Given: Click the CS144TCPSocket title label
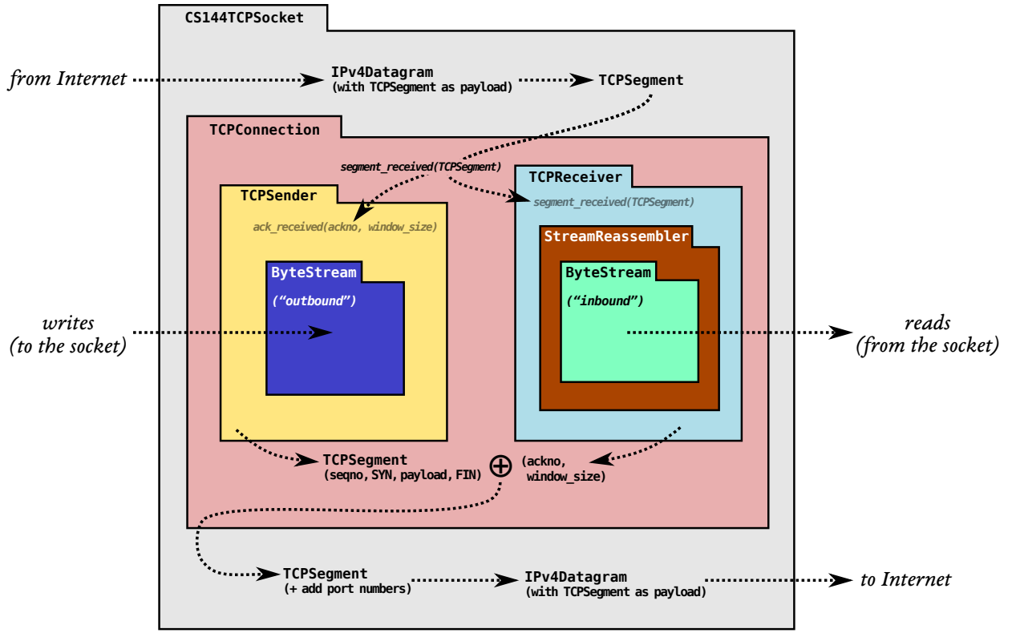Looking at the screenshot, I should click(x=244, y=17).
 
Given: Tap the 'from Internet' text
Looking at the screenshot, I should click(x=67, y=79).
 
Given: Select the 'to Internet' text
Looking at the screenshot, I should click(x=905, y=579).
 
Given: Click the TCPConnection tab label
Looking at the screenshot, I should click(x=264, y=129).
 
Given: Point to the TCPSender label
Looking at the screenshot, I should click(x=278, y=196).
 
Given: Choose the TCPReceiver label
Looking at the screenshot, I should click(x=575, y=176).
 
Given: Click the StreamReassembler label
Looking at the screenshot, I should click(x=616, y=236).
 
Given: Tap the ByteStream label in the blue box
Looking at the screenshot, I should click(x=314, y=272).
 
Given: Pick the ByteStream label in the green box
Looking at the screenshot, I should click(x=608, y=272).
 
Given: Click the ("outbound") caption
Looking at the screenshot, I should click(x=314, y=301).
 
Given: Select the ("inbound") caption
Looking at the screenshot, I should click(x=605, y=301).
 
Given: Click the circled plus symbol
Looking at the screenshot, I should click(x=500, y=466).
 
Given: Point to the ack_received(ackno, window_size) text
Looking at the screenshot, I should click(x=345, y=227).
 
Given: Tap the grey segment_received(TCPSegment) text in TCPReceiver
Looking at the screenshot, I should click(x=613, y=202).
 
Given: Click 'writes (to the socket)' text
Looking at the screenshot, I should click(x=68, y=335).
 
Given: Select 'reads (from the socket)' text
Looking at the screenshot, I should click(x=927, y=335).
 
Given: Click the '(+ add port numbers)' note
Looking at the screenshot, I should click(x=347, y=589).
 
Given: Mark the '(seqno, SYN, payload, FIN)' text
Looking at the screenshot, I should click(x=402, y=474).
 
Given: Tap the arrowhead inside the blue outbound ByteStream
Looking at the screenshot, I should click(x=322, y=333).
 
